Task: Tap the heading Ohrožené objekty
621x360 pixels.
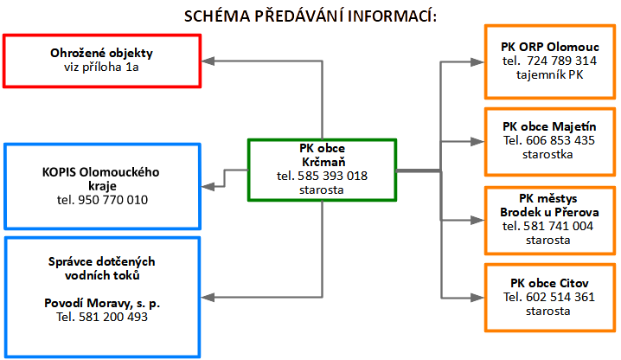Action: coord(101,53)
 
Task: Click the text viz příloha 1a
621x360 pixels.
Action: coord(101,67)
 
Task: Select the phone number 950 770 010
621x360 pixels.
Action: coord(113,200)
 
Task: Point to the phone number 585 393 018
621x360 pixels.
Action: coord(333,176)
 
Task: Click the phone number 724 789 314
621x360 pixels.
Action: coord(561,61)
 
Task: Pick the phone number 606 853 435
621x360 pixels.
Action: coord(560,140)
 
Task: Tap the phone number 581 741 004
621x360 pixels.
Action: coord(559,226)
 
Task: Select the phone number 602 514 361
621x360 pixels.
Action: coord(560,297)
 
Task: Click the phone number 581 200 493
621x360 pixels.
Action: coord(113,317)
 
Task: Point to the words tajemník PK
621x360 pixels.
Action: coord(550,75)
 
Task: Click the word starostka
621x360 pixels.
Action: coord(547,154)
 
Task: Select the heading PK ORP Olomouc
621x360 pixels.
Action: coord(550,47)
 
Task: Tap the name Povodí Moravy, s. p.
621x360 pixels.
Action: coord(102,303)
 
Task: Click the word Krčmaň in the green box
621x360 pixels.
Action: coord(323,162)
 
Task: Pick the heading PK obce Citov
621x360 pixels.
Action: coord(549,283)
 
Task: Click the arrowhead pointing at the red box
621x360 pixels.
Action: coord(208,61)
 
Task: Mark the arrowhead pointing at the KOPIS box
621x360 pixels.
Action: coord(208,186)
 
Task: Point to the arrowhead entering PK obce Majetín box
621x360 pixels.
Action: coord(477,142)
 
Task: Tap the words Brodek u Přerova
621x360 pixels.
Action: coord(549,212)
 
